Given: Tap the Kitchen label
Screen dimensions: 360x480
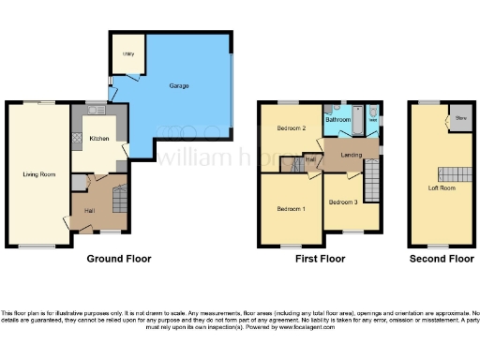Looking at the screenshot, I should [x=99, y=139].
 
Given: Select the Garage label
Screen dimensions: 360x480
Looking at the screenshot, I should [x=178, y=86].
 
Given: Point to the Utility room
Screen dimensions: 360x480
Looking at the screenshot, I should [x=128, y=53].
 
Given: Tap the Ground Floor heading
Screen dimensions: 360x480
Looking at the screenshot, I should [x=119, y=258].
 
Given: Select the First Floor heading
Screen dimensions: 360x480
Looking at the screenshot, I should [x=320, y=258].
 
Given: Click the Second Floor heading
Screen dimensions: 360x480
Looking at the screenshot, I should [x=441, y=258].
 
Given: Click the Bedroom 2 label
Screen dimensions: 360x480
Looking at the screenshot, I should [x=292, y=127].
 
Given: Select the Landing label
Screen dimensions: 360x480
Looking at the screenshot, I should [x=352, y=155].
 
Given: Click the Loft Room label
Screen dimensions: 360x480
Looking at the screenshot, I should [x=441, y=187].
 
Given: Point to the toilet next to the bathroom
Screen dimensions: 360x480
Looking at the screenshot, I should [x=373, y=118].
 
